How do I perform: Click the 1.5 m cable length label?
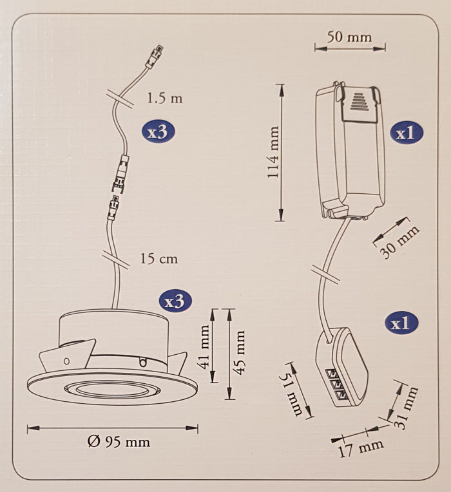[x=164, y=99]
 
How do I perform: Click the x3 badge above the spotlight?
[x=175, y=300]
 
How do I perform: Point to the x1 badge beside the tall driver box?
[x=407, y=133]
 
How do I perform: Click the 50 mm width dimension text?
[x=349, y=37]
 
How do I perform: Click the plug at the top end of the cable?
[x=156, y=55]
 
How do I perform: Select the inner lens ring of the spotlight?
[x=111, y=389]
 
